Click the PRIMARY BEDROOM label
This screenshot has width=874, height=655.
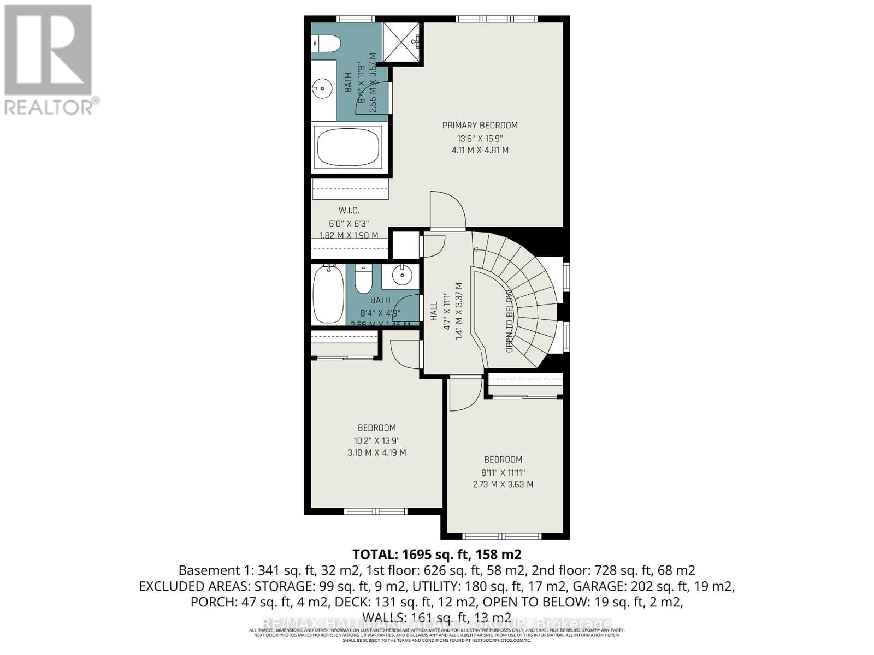coord(480,125)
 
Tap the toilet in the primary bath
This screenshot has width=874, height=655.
coord(326,44)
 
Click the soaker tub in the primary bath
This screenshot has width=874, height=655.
coord(350,148)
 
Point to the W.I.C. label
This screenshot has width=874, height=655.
coord(349,210)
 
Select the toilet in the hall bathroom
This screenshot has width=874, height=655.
coord(363,280)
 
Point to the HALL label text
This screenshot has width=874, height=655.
coord(434,311)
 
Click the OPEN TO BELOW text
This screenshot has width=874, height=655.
coord(509,321)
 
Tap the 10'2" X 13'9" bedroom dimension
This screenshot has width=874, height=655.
coord(377,440)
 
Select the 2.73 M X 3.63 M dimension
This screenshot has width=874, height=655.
coord(503,484)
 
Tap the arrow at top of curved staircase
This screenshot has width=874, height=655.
coord(475,249)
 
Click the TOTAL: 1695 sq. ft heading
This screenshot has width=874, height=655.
coord(436,555)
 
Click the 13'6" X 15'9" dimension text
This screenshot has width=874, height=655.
coord(480,138)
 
